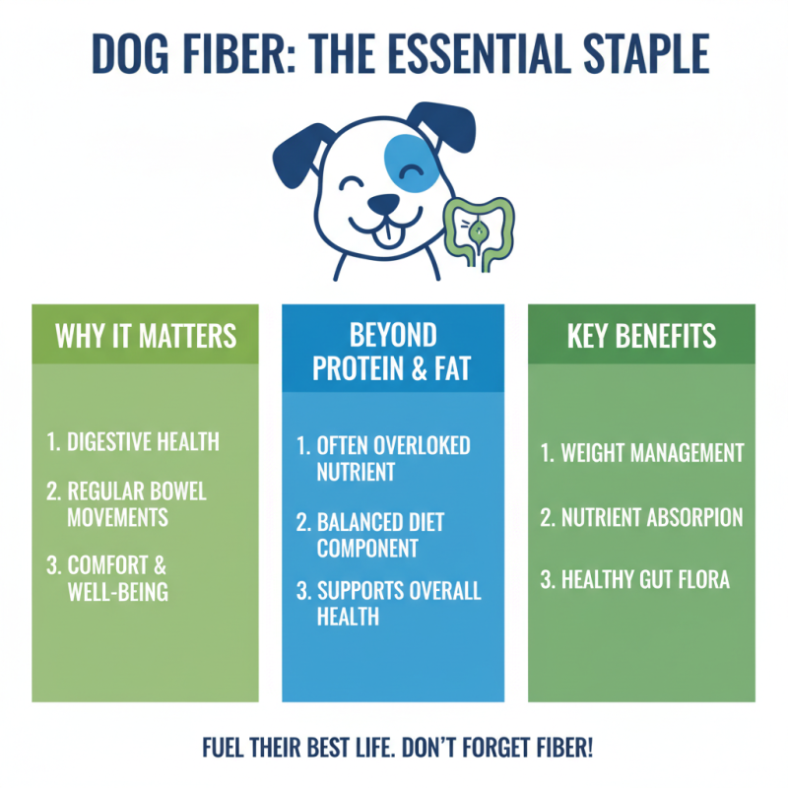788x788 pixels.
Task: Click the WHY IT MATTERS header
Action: pyautogui.click(x=146, y=335)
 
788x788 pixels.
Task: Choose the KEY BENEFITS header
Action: pyautogui.click(x=641, y=335)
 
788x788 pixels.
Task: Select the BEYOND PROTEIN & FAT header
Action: pyautogui.click(x=393, y=350)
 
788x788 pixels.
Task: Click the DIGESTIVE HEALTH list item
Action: pyautogui.click(x=134, y=440)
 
